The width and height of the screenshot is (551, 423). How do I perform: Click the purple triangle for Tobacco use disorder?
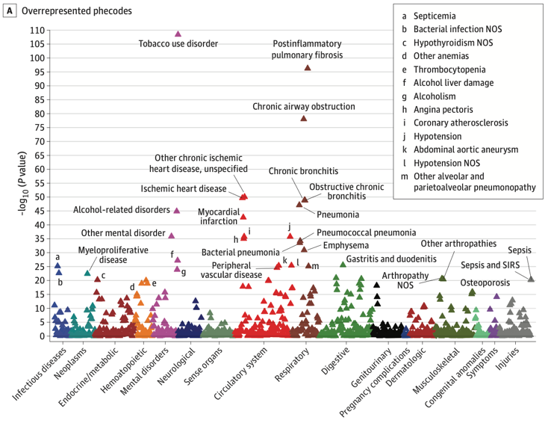[x=178, y=34]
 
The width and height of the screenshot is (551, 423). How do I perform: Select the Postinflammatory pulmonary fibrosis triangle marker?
[x=308, y=68]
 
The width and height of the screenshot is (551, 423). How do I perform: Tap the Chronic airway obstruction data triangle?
[x=304, y=118]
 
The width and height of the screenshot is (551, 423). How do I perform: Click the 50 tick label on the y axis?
[x=36, y=197]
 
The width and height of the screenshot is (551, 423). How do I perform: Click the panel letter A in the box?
[x=10, y=12]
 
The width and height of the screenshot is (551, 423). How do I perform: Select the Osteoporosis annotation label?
[x=485, y=282]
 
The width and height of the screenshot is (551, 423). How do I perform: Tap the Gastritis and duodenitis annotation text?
[x=391, y=259]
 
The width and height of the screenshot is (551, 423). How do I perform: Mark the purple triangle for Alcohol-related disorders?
[x=177, y=211]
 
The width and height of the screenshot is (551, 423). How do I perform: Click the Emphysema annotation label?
[x=345, y=245]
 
